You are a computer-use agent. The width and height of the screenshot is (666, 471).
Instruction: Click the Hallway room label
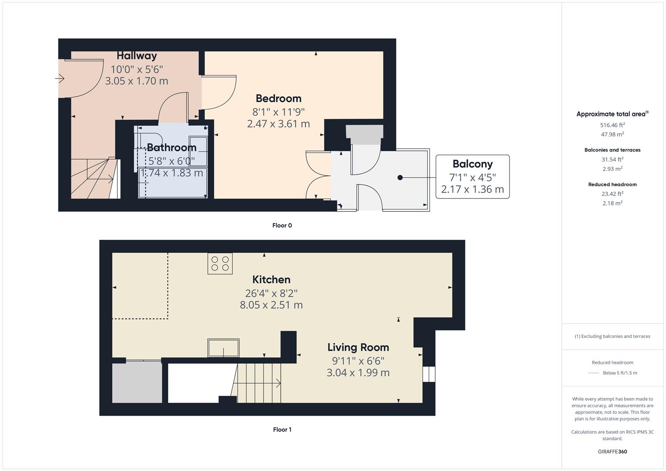137,56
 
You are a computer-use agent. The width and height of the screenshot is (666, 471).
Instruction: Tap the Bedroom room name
278,99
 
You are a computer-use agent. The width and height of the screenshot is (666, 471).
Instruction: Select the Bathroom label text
171,147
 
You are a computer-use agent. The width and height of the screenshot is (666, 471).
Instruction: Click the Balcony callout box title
472,164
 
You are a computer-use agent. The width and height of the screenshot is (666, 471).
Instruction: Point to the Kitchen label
271,280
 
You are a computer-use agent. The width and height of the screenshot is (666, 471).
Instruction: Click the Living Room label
358,348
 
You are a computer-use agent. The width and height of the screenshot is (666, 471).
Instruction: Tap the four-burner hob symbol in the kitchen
220,263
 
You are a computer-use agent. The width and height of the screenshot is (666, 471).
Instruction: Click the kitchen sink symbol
223,348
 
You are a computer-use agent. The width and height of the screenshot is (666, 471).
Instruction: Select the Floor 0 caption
282,225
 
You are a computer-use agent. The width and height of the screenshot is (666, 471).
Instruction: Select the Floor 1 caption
282,430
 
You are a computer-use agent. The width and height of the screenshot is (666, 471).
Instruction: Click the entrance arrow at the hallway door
60,79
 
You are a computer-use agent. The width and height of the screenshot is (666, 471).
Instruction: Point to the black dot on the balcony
400,177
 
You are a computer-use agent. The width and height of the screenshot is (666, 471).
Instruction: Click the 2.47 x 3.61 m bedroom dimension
278,124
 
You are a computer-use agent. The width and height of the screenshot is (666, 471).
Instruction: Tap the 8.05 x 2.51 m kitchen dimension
271,305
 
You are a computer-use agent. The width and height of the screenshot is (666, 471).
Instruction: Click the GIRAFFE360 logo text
612,451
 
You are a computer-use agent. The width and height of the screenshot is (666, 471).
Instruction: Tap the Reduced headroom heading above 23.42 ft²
612,184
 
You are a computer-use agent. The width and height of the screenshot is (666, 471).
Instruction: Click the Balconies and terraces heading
612,150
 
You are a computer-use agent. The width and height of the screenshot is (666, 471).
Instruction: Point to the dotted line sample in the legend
594,373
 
